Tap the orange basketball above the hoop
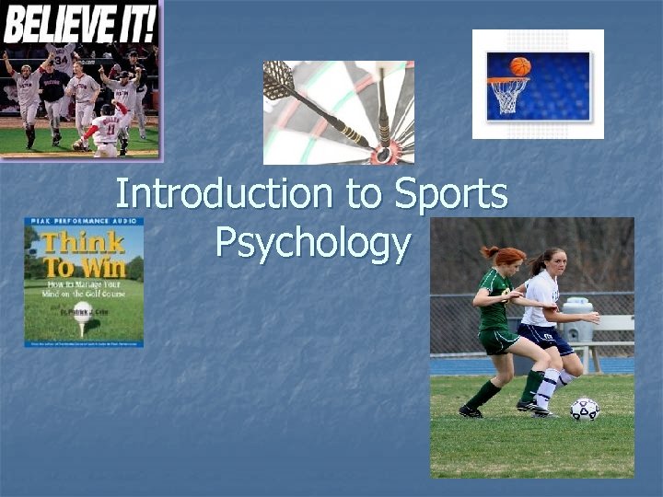[520, 66]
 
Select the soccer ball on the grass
[584, 409]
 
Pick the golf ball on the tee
[82, 310]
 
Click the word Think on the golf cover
[81, 243]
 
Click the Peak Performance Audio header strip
[84, 222]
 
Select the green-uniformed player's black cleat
[471, 411]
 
